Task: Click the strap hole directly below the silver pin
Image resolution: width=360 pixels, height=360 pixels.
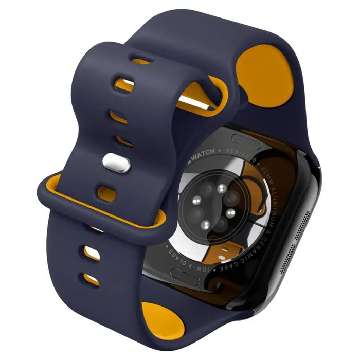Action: (107, 193)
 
